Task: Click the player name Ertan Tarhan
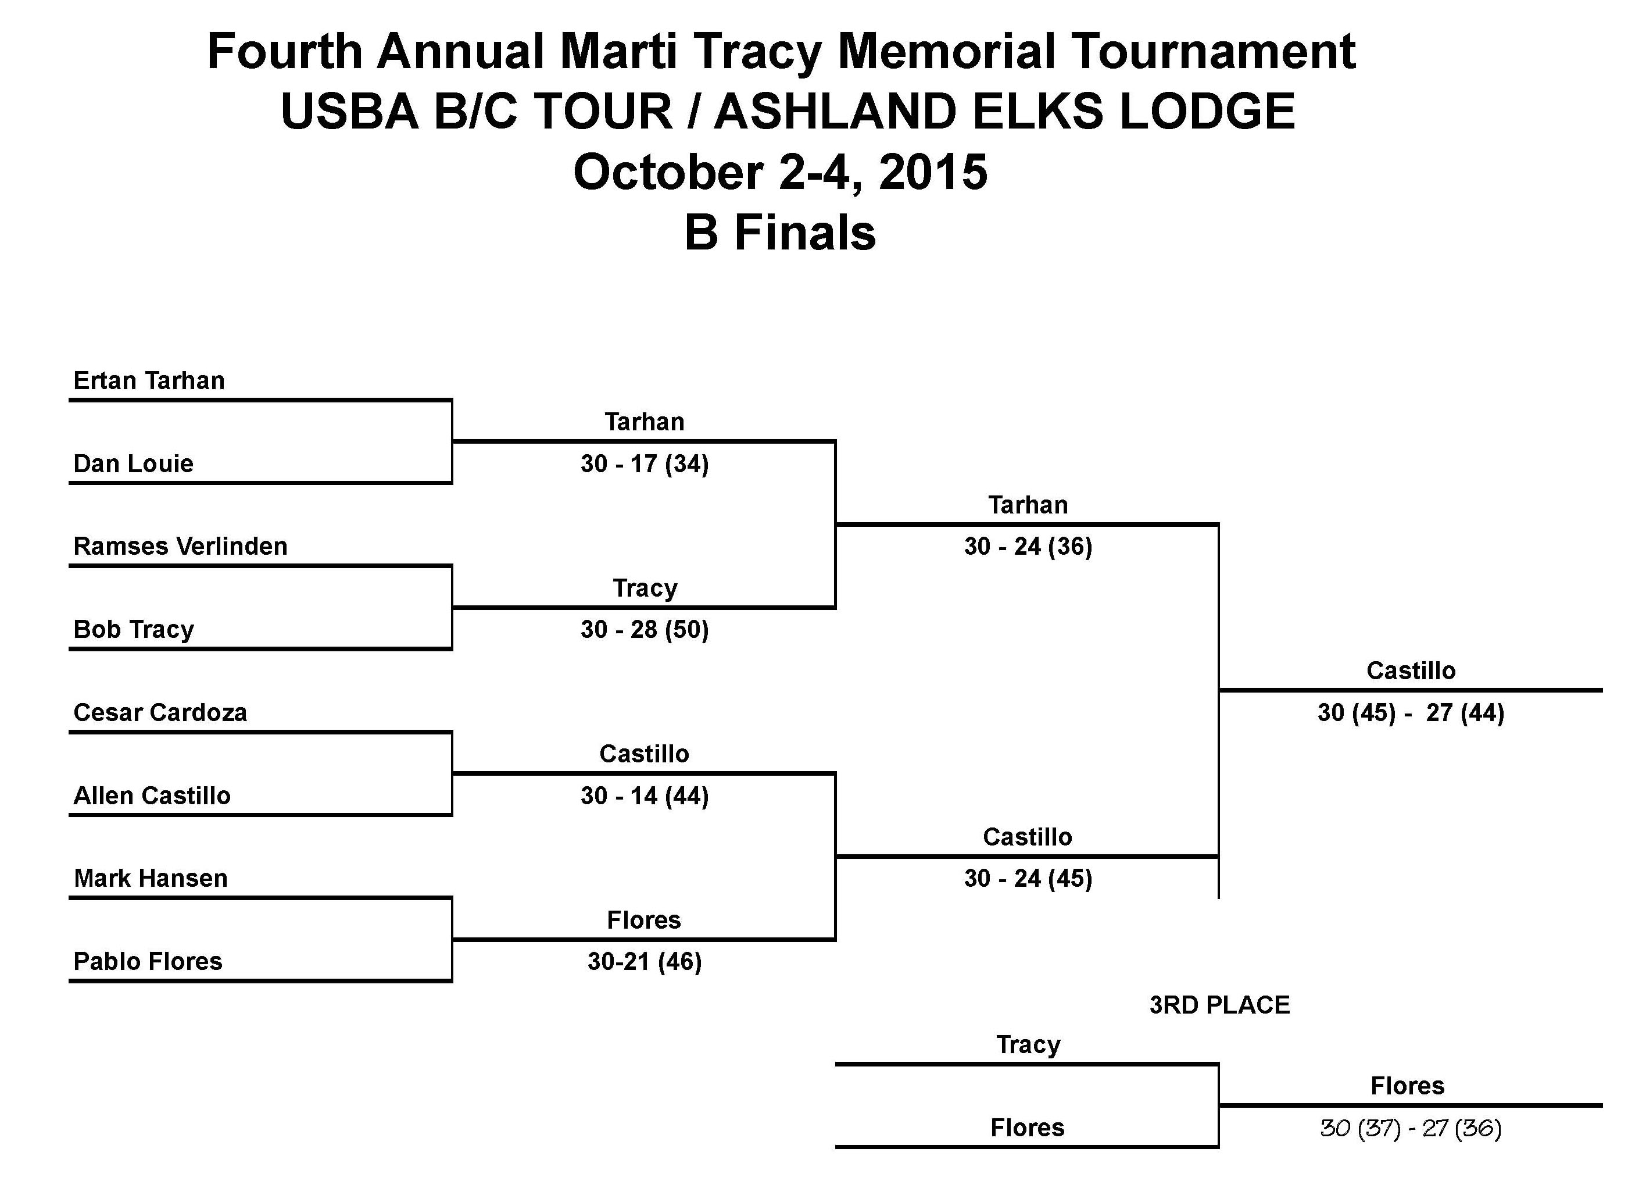pos(149,380)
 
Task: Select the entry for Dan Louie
pos(134,463)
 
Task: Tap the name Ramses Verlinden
pos(181,546)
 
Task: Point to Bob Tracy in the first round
pos(134,629)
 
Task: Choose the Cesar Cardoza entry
pos(160,712)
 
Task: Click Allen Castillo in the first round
pos(152,796)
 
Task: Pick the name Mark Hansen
pos(151,879)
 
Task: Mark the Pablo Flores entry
pos(148,961)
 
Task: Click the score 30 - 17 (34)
pos(645,463)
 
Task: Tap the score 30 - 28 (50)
pos(645,629)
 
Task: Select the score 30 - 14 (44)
pos(645,796)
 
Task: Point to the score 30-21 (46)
pos(645,962)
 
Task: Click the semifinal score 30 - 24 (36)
pos(1028,546)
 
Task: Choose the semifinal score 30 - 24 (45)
pos(1028,879)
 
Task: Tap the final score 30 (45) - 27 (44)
pos(1411,712)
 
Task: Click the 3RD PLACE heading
pos(1220,1005)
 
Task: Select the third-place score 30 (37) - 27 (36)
pos(1410,1128)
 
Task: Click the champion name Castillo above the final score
pos(1411,671)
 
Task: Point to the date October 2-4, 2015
pos(781,173)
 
